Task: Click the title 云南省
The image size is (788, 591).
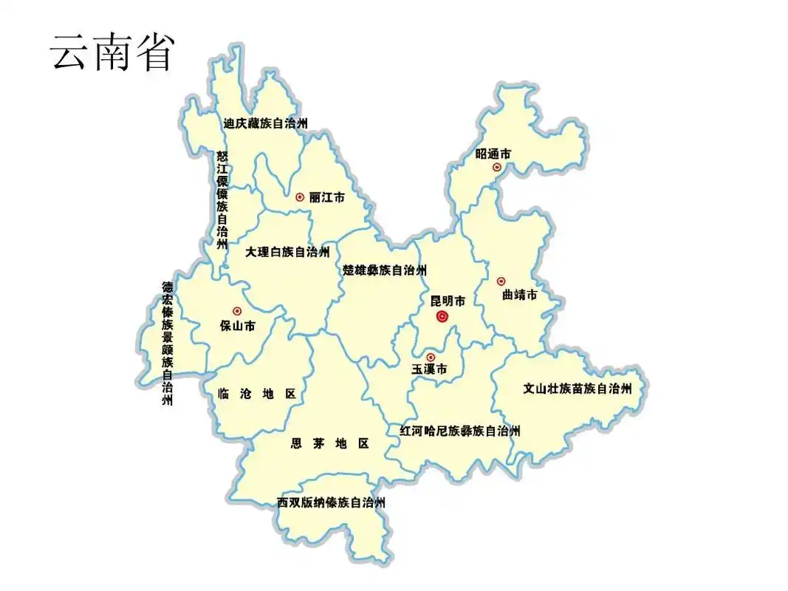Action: click(112, 52)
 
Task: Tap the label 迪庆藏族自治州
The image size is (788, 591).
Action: click(266, 123)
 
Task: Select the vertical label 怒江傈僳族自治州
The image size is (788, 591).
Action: click(222, 199)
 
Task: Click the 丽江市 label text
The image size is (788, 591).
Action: click(327, 197)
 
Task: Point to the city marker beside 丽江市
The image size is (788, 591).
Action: click(300, 197)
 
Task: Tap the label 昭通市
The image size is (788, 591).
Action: click(493, 154)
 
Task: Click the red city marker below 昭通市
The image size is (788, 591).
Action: click(497, 168)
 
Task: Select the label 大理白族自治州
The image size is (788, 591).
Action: click(287, 252)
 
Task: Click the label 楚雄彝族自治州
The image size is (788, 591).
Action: click(385, 270)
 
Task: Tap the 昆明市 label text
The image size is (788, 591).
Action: click(448, 301)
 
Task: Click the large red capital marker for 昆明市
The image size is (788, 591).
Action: click(442, 317)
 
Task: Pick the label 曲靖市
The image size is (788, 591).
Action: click(519, 295)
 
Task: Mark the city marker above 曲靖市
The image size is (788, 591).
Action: click(501, 281)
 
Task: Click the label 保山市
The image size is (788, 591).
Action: click(237, 325)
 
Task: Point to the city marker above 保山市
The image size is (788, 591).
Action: click(237, 312)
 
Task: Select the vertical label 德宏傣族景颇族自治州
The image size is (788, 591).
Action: click(168, 344)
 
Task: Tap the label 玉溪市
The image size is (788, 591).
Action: click(430, 369)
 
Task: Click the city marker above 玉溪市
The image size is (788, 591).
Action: click(431, 357)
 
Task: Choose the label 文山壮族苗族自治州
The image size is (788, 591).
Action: click(578, 388)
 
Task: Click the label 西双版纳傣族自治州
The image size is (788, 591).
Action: click(332, 502)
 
